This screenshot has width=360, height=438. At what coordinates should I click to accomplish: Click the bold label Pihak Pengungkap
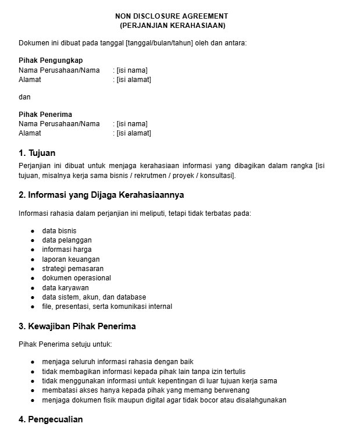[51, 60]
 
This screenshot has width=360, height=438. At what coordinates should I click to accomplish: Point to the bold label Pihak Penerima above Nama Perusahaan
[45, 115]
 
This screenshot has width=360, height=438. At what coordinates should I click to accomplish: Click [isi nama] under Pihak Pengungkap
[132, 70]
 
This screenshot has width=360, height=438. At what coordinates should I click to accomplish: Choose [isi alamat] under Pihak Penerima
[134, 133]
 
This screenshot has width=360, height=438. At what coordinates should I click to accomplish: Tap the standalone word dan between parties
[24, 97]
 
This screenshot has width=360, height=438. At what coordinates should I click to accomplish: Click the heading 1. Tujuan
[37, 153]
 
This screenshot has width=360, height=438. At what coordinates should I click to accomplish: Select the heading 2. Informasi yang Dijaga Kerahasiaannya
[101, 195]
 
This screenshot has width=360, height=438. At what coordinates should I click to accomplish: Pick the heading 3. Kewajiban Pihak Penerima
[77, 326]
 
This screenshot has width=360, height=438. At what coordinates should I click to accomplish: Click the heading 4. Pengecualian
[51, 419]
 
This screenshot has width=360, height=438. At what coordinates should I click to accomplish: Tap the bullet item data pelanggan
[67, 240]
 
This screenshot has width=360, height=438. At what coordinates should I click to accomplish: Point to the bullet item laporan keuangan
[71, 259]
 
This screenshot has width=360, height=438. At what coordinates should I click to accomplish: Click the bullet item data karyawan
[65, 288]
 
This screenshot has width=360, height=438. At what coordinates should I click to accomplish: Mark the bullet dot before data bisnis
[33, 231]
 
